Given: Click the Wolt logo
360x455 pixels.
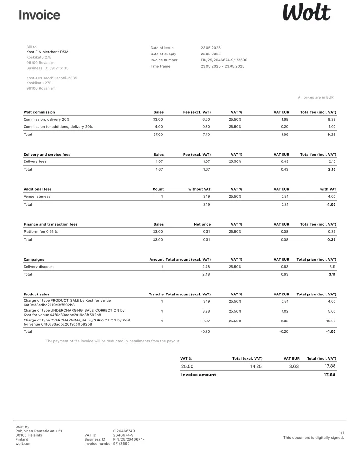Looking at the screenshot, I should [x=307, y=13].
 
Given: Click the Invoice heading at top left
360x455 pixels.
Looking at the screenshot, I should [x=39, y=15].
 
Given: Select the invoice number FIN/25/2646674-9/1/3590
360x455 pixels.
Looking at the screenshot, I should [x=224, y=60].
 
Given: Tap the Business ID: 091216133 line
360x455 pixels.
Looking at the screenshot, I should [x=48, y=68].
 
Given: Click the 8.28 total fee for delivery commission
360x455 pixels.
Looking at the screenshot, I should [x=332, y=119].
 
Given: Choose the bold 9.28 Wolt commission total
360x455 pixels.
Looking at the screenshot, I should [x=331, y=134].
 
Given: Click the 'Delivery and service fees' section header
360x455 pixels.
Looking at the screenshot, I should [x=47, y=155].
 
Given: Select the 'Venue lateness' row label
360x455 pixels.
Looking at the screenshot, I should [x=37, y=196].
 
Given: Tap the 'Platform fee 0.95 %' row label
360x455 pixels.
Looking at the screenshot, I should [x=41, y=231].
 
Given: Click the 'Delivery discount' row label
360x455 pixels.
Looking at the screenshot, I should [x=39, y=267].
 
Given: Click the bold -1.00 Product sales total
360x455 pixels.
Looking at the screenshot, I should [x=331, y=332].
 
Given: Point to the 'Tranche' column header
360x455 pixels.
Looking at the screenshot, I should [x=156, y=294].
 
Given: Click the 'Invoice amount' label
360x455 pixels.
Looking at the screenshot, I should [x=199, y=375].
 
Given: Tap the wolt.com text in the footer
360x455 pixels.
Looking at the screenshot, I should [x=24, y=444].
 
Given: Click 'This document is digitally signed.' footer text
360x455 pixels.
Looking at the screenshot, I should [x=314, y=437].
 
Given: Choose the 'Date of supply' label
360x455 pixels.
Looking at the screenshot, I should [x=163, y=54].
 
